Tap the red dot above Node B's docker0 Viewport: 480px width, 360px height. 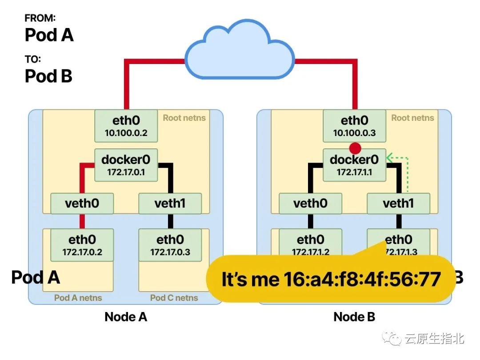point(355,148)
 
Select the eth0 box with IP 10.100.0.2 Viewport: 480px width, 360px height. point(126,125)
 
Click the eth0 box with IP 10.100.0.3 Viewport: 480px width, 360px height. point(354,125)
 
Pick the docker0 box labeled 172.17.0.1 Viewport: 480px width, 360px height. point(126,164)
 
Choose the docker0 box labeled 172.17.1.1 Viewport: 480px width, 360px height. point(354,164)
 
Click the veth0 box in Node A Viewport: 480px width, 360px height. point(82,204)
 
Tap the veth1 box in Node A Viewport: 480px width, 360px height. point(170,204)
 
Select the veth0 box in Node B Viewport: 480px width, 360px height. point(310,204)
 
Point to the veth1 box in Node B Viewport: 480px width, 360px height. point(398,204)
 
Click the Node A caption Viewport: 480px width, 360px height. point(126,317)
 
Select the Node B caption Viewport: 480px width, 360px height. point(354,317)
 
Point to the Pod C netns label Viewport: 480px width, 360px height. point(174,297)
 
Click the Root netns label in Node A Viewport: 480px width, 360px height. point(184,118)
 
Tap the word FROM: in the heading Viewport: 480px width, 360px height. point(40,18)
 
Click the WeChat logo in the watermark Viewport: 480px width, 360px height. point(392,339)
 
